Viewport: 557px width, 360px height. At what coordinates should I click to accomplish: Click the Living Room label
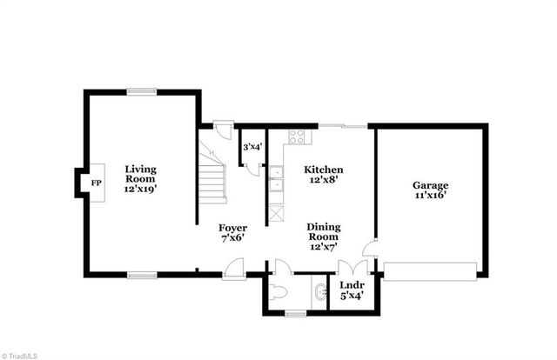pyautogui.click(x=140, y=177)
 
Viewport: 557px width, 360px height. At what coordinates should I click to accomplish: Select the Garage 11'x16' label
pyautogui.click(x=430, y=190)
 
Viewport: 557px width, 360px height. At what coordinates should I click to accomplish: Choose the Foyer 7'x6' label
pyautogui.click(x=232, y=233)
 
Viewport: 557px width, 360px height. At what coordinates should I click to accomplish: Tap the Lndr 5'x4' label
pyautogui.click(x=352, y=290)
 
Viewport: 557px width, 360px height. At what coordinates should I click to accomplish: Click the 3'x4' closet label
pyautogui.click(x=252, y=147)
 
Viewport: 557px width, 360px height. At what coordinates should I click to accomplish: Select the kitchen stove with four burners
pyautogui.click(x=297, y=137)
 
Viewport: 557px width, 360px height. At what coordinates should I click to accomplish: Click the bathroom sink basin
pyautogui.click(x=319, y=291)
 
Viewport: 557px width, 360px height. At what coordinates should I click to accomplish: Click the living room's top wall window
pyautogui.click(x=141, y=90)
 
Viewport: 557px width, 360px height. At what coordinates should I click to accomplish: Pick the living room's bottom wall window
pyautogui.click(x=141, y=276)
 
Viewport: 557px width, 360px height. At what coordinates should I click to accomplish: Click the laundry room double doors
pyautogui.click(x=350, y=267)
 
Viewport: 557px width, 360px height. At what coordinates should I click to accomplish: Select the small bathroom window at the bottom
pyautogui.click(x=296, y=312)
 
